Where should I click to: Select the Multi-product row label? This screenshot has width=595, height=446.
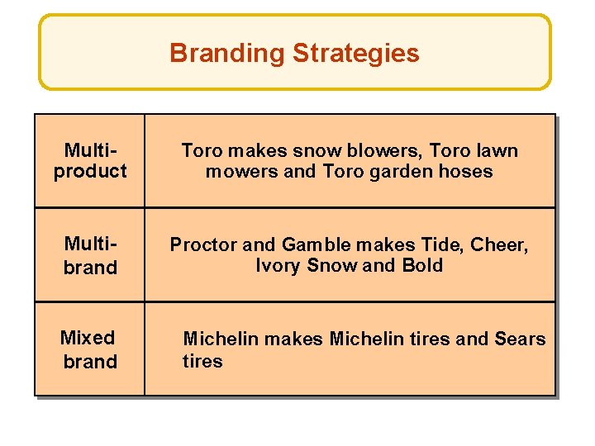coord(90,161)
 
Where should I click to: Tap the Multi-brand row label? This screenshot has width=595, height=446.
coord(90,255)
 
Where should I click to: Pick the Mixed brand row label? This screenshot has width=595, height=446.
coord(89,349)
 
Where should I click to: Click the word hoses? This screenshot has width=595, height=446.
coord(468,172)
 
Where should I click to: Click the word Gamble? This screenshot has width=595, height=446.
coord(312,244)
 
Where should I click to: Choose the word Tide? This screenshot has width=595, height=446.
coord(426,244)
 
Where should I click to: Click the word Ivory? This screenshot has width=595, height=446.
coord(278,266)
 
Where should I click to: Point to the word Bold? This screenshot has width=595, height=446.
coord(422,266)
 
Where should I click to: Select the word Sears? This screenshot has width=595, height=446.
coord(520,339)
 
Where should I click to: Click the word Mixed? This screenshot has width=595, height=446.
coord(88,338)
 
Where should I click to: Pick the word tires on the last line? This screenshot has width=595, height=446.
coord(202,361)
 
